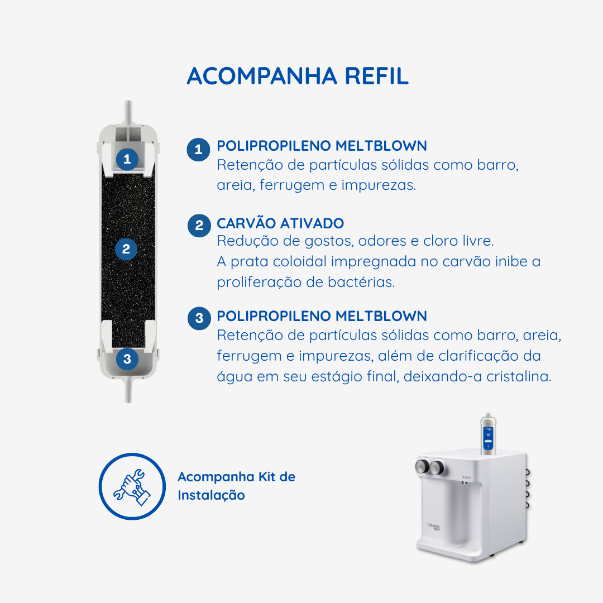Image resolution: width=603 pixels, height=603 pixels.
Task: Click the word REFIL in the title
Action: pos(376,76)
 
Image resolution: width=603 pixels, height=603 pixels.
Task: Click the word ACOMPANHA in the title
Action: pos(262,76)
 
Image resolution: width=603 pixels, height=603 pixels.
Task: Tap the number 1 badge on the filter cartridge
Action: pos(127,159)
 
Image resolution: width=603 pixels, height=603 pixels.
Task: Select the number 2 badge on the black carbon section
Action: pos(126,249)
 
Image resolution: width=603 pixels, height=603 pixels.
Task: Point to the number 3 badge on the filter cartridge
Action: pos(127,359)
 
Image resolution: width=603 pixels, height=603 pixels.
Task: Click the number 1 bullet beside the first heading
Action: pos(198,150)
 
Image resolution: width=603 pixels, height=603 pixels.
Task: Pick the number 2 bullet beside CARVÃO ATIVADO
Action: pos(199,226)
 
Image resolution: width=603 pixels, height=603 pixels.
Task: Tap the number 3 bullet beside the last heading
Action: pos(199,318)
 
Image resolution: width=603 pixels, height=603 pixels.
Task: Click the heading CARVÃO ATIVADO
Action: pos(280,223)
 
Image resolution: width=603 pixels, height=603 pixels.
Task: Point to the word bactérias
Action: pos(361,283)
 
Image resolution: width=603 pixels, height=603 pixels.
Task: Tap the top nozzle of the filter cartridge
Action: pos(128,113)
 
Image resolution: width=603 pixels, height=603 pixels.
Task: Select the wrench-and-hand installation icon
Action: pos(132,486)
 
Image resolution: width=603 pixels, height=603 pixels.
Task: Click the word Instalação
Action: pos(211,495)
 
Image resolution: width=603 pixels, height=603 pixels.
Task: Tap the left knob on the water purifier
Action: pos(422,466)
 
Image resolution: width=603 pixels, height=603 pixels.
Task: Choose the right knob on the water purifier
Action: pos(437,468)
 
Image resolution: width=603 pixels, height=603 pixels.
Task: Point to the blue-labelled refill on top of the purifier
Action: pos(488,434)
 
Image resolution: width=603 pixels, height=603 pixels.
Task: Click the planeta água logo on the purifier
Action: pos(433,527)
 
